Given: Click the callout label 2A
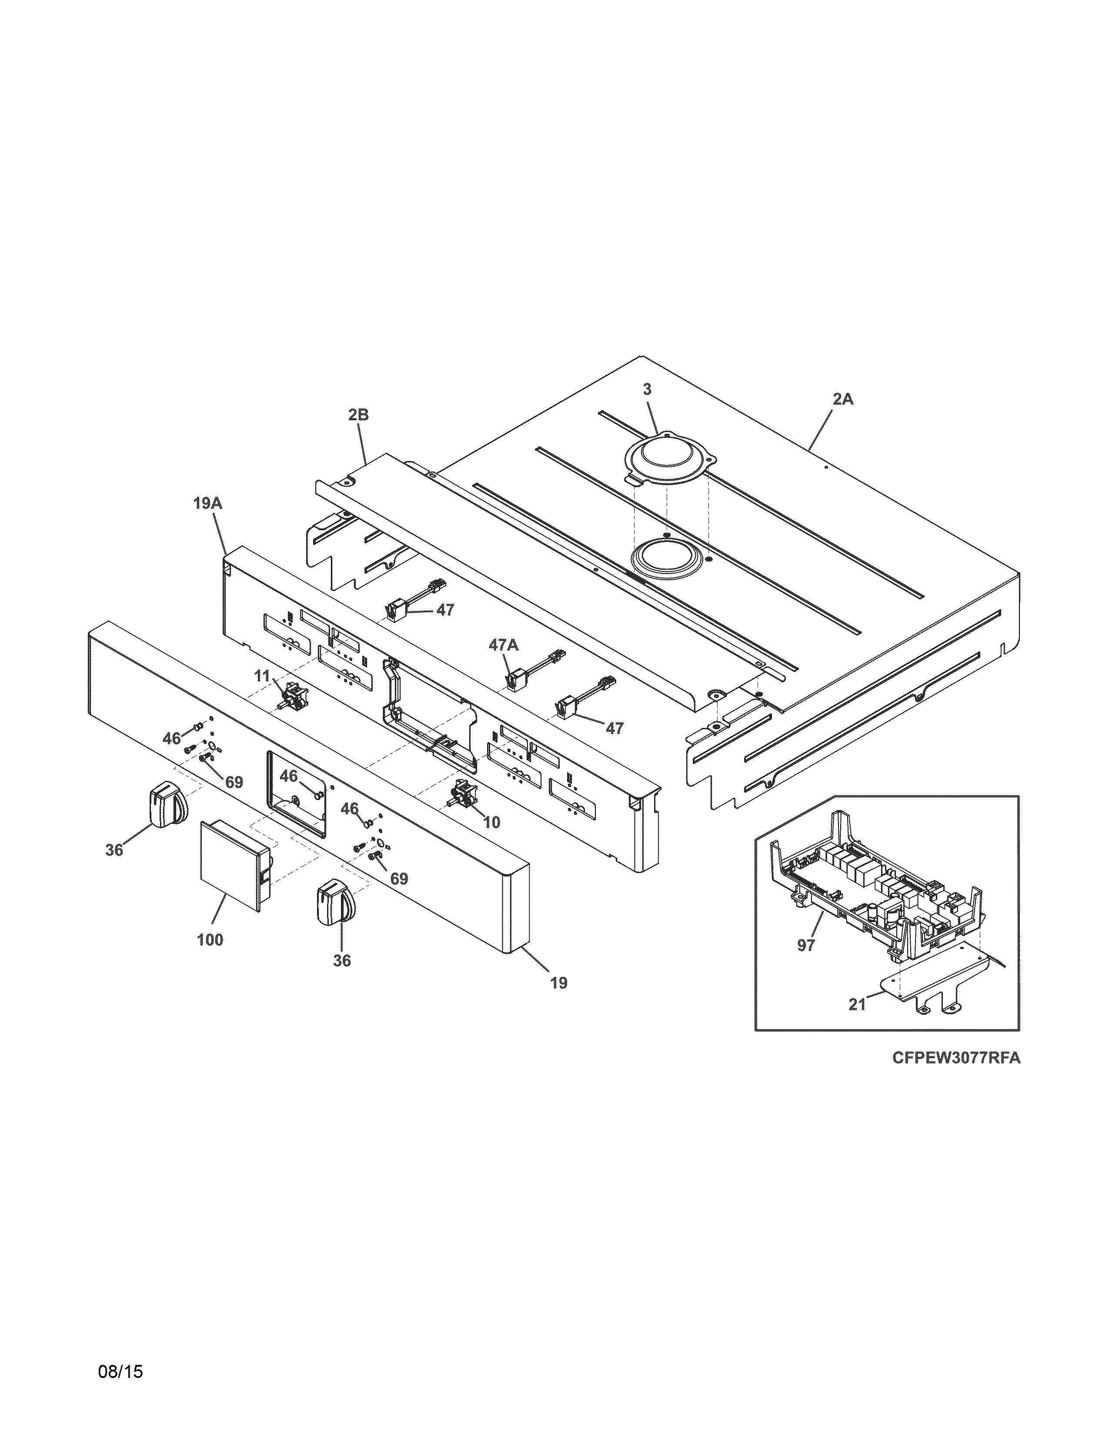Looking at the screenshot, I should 843,398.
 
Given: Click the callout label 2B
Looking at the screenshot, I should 359,415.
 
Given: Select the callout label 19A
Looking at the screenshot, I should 207,504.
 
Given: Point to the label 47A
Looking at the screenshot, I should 503,645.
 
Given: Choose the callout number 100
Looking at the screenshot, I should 210,940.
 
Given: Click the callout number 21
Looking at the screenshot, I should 857,1005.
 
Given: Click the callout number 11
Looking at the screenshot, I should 262,676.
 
